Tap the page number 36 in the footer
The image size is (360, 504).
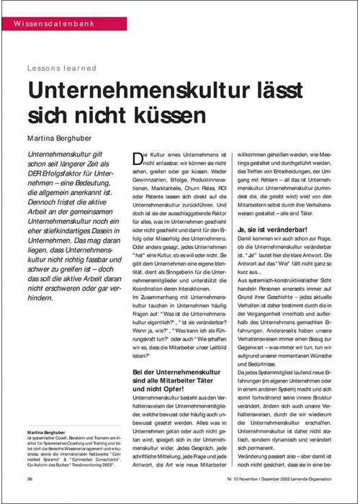click(x=30, y=478)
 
